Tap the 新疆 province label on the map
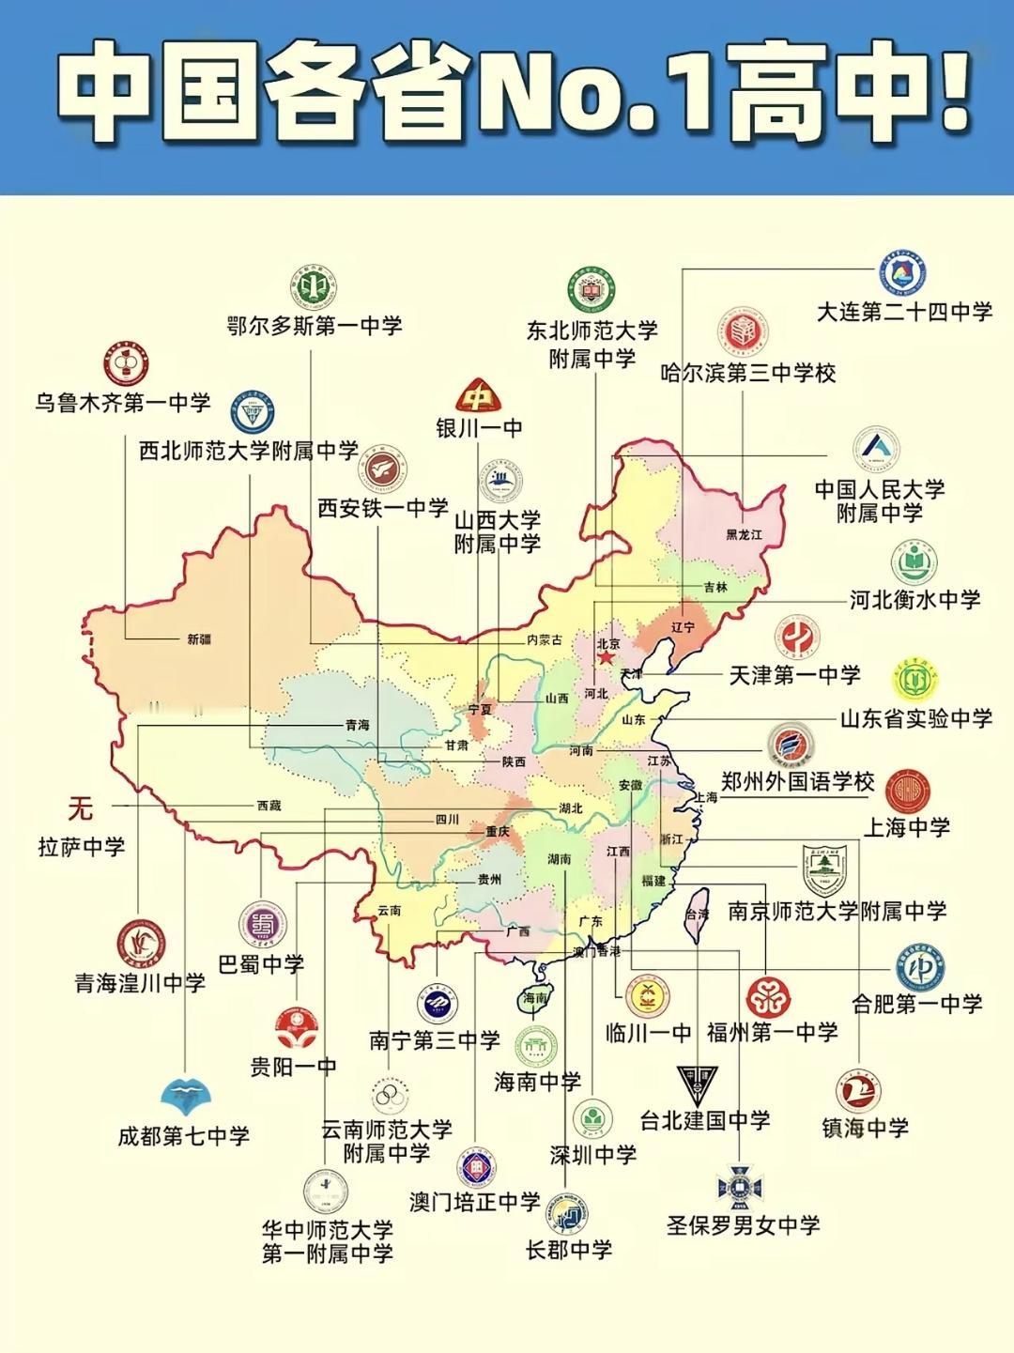tap(199, 639)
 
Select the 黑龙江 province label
tap(744, 534)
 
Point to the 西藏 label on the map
tap(269, 806)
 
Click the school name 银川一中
tap(479, 428)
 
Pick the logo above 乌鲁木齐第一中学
tap(126, 365)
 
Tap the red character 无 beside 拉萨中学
tap(80, 807)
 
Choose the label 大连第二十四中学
tap(903, 312)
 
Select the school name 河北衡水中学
tap(914, 600)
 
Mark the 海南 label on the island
tap(534, 999)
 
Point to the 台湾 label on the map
tap(697, 914)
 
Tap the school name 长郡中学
tap(569, 1250)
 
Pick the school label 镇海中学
tap(865, 1128)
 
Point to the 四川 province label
tap(447, 820)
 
